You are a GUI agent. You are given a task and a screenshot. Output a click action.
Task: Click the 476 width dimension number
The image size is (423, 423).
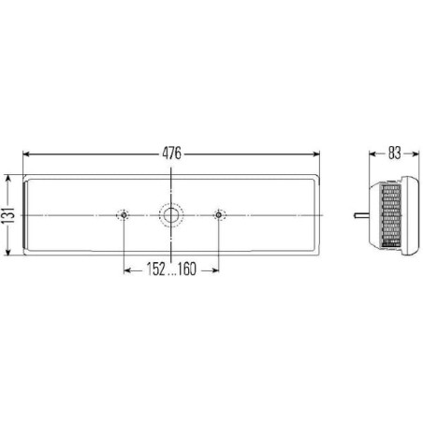coord(171,153)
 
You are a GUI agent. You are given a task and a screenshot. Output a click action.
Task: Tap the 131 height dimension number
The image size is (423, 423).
coord(8,215)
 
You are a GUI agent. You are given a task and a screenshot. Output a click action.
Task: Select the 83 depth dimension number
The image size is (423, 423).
coord(394,153)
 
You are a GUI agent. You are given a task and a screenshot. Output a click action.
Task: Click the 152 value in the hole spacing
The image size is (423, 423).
coord(155,270)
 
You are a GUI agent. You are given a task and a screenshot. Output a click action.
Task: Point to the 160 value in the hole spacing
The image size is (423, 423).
coord(187,270)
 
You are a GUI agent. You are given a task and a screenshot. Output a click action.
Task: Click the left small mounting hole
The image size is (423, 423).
coord(124,215)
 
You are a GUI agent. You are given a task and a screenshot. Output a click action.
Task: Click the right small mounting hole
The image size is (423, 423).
coord(219,215)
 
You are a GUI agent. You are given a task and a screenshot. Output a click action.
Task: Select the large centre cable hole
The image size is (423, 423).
coord(171,215)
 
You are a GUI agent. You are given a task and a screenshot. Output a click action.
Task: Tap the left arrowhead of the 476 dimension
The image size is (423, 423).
coord(26,153)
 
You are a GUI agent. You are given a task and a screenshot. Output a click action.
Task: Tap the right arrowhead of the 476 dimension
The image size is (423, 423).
coord(316,153)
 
